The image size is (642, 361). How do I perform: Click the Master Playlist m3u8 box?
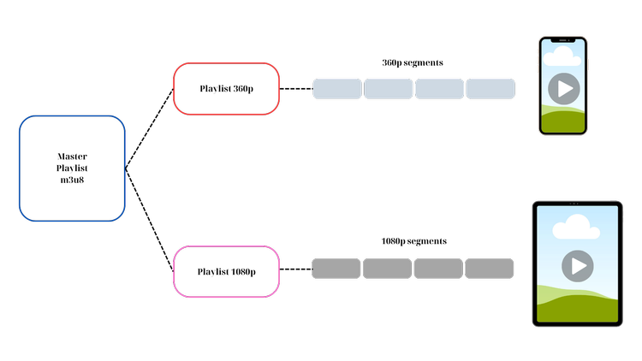coord(72,169)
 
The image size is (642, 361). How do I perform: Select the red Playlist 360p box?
coord(227,89)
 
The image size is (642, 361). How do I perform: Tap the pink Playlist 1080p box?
coord(227,272)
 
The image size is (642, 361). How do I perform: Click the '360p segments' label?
coord(413,63)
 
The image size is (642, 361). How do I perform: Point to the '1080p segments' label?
coord(413,241)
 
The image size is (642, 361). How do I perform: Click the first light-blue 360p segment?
coord(337,89)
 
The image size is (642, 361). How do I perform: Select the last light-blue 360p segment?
coord(490,89)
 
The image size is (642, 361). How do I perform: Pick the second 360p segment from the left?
coord(388,89)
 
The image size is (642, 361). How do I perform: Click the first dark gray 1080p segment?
coord(336,269)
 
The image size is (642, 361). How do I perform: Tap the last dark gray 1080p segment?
coord(490,269)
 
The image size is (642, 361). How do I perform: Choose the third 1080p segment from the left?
coord(438,269)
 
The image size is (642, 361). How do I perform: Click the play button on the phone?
coord(564,89)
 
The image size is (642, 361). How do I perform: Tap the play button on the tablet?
coord(578,266)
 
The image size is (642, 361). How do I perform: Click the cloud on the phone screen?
coord(562,56)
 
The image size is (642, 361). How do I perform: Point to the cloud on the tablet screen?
coord(576,227)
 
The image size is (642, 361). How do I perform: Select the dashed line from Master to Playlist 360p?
coord(150,128)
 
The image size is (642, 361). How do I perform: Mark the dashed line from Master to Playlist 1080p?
coord(150,220)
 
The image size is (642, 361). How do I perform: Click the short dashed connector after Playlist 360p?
coord(296,89)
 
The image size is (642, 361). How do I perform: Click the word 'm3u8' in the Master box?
coord(72,180)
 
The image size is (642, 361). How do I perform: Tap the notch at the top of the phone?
coord(563,40)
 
